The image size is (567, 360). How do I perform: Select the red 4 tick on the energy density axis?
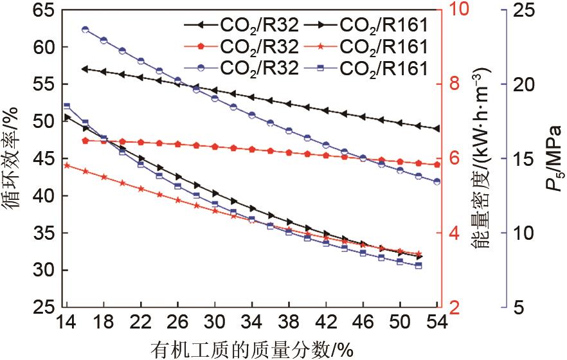[x=456, y=233]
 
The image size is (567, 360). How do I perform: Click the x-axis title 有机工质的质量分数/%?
[x=252, y=349]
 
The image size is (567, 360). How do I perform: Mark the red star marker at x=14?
[x=67, y=165]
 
